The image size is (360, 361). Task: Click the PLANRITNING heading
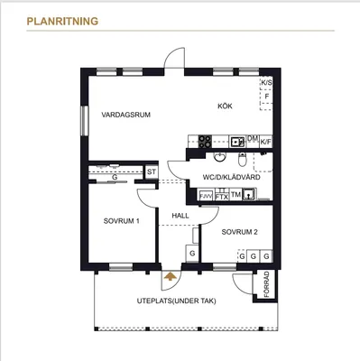62,22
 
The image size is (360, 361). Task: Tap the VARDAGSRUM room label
125,115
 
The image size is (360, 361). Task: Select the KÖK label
225,106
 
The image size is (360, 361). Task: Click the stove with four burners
205,142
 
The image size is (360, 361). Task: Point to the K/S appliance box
266,83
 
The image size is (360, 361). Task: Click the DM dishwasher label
253,138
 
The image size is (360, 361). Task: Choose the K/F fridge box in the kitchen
266,142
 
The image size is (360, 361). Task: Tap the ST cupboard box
152,172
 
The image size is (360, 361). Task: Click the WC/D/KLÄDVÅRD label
231,177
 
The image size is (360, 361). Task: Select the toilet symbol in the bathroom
242,160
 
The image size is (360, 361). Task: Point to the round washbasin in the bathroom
220,156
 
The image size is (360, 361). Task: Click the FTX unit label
222,197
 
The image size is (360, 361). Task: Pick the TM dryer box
236,195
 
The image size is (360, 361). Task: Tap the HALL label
180,216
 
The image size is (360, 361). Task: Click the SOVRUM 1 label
121,221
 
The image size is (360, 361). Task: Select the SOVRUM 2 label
239,232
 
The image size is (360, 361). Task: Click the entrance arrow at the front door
171,276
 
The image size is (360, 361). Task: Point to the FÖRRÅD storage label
267,284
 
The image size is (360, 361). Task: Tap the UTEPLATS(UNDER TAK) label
177,301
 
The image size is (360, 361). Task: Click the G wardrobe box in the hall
192,254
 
